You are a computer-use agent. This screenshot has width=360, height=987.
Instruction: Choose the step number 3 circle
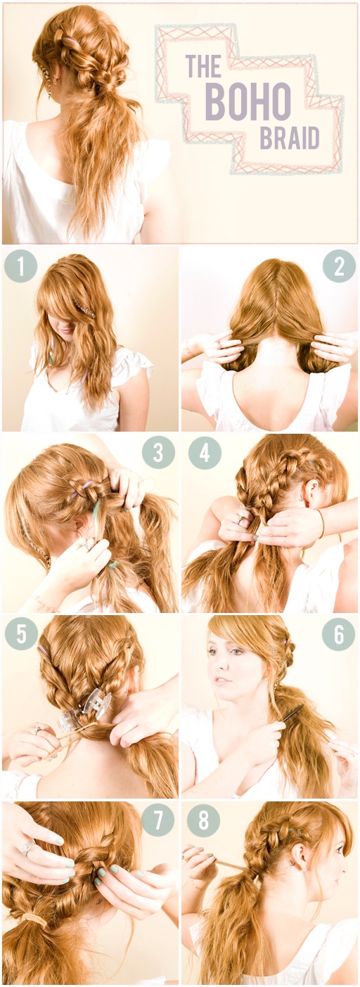tap(158, 453)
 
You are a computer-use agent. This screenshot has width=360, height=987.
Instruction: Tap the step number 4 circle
tap(205, 453)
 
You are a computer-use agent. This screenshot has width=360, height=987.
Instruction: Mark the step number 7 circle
tap(158, 820)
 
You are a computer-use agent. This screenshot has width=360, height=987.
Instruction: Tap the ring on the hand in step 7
tap(27, 848)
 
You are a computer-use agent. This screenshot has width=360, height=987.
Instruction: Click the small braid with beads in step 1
tap(86, 309)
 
